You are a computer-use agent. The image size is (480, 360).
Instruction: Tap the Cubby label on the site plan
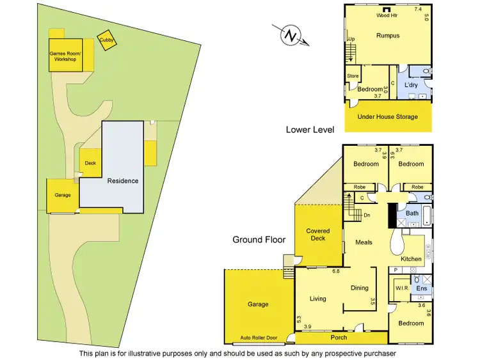pyautogui.click(x=106, y=40)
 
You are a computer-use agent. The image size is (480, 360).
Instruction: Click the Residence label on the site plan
pyautogui.click(x=122, y=180)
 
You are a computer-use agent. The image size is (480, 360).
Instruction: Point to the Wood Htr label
pyautogui.click(x=387, y=15)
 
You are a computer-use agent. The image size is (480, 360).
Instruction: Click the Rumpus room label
pyautogui.click(x=388, y=36)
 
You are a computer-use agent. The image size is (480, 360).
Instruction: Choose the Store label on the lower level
pyautogui.click(x=353, y=76)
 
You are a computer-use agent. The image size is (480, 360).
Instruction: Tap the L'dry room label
pyautogui.click(x=411, y=84)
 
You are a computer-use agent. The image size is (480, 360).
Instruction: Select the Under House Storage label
pyautogui.click(x=388, y=116)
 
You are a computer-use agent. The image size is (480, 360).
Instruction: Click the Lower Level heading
pyautogui.click(x=310, y=129)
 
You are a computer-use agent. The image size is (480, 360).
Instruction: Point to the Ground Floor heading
pyautogui.click(x=259, y=240)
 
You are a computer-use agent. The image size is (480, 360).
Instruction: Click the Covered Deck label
pyautogui.click(x=318, y=235)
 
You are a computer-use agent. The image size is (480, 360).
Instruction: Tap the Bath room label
pyautogui.click(x=412, y=213)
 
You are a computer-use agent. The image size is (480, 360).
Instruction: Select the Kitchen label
pyautogui.click(x=412, y=259)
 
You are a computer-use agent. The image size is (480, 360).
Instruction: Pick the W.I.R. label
pyautogui.click(x=402, y=288)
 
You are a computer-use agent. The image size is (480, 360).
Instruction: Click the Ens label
pyautogui.click(x=422, y=288)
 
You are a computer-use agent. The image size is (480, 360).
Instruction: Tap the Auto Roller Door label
pyautogui.click(x=258, y=337)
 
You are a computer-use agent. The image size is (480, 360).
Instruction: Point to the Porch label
pyautogui.click(x=339, y=337)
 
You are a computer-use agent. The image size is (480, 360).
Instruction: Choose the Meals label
pyautogui.click(x=364, y=242)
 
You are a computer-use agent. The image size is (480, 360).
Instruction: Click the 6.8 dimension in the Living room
pyautogui.click(x=336, y=272)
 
